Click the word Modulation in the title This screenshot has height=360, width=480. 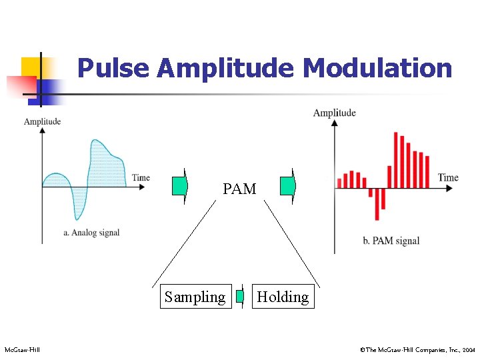[377, 68]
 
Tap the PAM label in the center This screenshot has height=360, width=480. [239, 189]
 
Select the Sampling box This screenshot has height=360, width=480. [195, 297]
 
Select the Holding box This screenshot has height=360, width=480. [283, 297]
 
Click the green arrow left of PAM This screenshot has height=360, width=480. [180, 186]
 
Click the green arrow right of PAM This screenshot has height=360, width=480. [287, 186]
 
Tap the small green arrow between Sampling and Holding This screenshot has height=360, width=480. [241, 296]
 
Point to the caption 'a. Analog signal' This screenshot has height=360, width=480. [91, 232]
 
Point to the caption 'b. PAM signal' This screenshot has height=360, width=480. [391, 241]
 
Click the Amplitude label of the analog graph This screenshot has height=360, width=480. [42, 121]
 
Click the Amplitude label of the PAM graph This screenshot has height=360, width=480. [334, 113]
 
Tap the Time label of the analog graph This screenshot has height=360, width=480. [141, 177]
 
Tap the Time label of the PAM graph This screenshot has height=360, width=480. [448, 177]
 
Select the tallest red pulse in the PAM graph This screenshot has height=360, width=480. [396, 160]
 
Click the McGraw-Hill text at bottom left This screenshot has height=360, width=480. [22, 349]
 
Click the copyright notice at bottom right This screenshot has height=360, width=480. [416, 349]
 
